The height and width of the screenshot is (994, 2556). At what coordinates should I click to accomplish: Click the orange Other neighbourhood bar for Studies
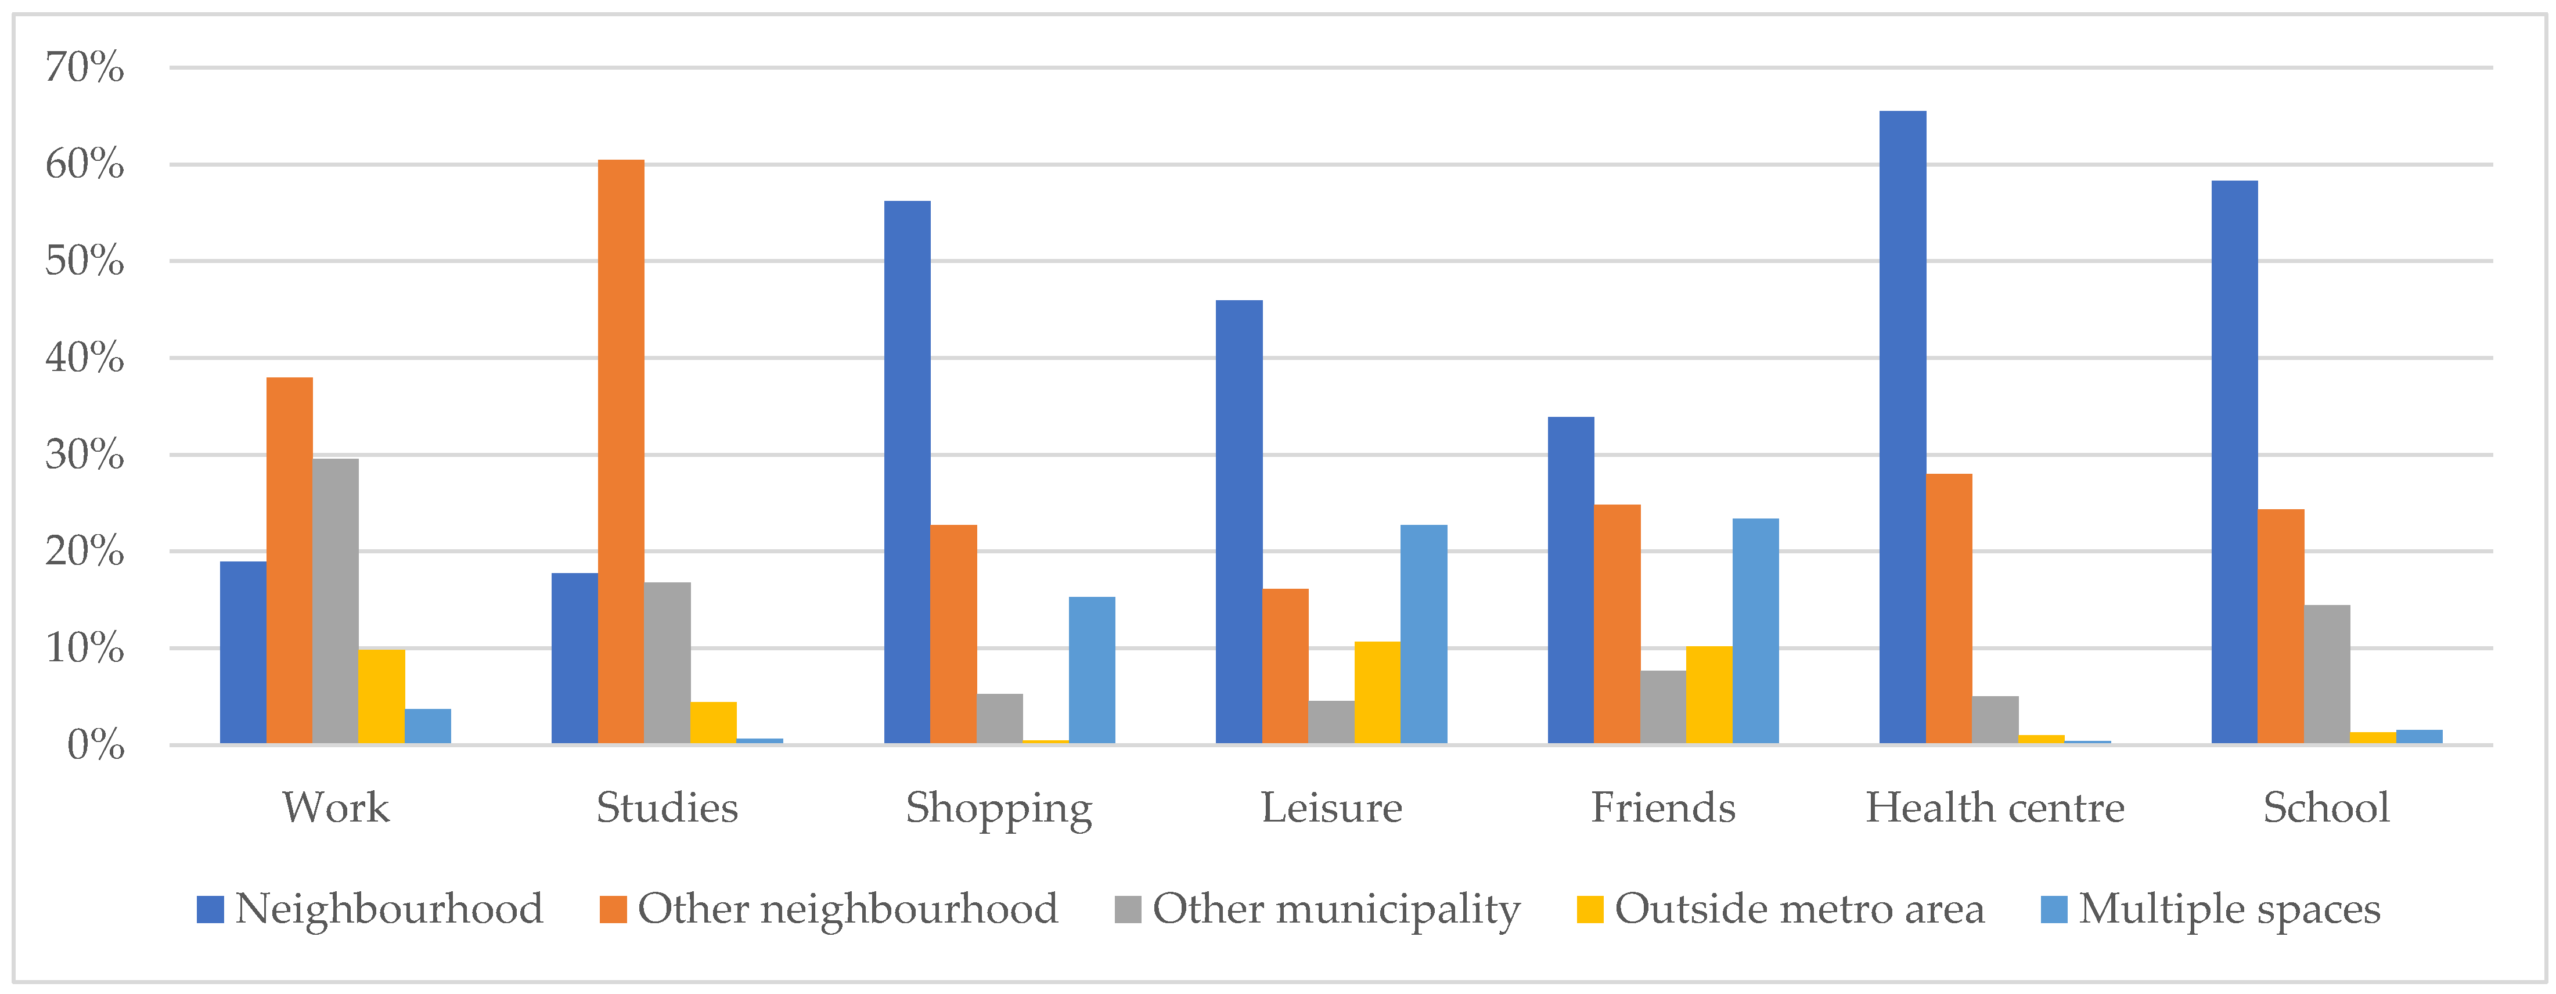621,451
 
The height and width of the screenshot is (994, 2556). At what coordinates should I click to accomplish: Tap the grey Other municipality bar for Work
336,601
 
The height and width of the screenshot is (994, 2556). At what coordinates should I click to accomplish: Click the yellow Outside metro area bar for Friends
1709,694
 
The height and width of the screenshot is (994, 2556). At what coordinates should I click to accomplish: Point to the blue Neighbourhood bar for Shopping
907,472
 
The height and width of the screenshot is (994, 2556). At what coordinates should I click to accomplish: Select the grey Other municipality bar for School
2326,675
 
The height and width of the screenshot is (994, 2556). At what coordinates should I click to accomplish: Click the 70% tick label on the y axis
84,67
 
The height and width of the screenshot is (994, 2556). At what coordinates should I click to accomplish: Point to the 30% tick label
84,455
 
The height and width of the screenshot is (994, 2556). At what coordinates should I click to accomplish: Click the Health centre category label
1995,808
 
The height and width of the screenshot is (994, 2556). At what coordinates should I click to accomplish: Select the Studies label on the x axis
667,808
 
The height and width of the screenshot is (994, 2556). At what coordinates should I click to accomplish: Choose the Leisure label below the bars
1331,808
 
